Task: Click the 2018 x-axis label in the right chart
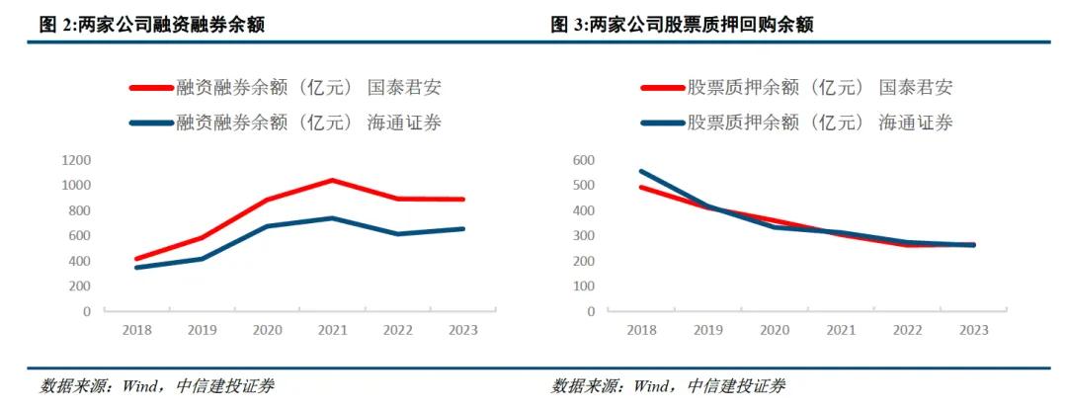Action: (x=641, y=330)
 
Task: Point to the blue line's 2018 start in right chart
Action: (x=641, y=171)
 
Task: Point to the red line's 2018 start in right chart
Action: (x=641, y=187)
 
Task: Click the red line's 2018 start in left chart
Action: (x=136, y=259)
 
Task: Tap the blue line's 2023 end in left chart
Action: (x=462, y=229)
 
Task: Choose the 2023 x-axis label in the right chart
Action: (x=973, y=330)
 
